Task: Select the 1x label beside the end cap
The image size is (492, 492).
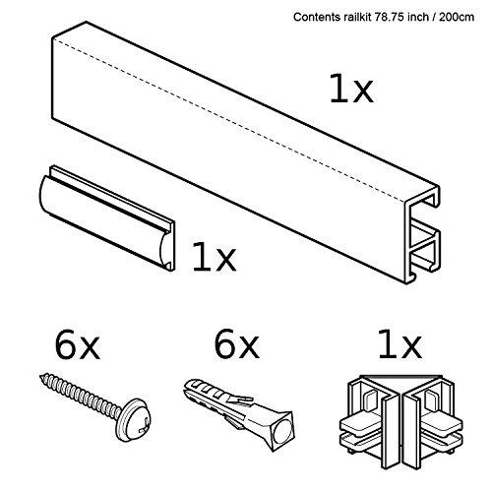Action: (x=214, y=258)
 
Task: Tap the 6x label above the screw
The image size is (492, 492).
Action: (x=76, y=346)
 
